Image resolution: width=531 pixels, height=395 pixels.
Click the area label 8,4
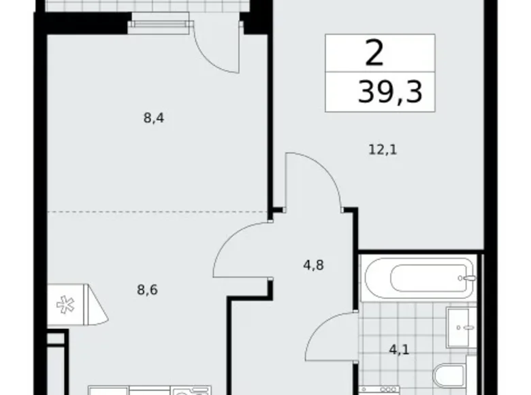point(155,117)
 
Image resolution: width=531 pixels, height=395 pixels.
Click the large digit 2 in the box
point(374,53)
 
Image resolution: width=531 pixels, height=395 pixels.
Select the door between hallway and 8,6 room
point(242,253)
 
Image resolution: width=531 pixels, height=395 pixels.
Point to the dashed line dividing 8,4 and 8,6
point(157,212)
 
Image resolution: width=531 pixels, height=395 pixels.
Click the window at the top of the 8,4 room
point(159,25)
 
